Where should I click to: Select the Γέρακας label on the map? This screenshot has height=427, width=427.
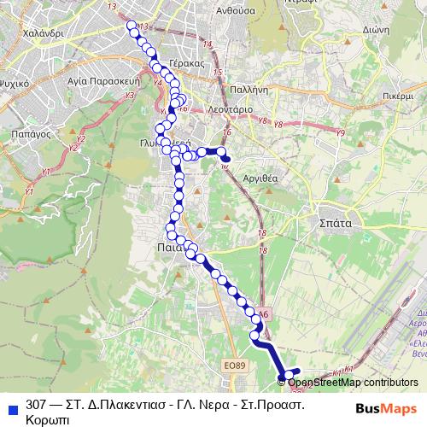[x=186, y=63]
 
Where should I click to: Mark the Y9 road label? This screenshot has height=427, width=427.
[x=340, y=133]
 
